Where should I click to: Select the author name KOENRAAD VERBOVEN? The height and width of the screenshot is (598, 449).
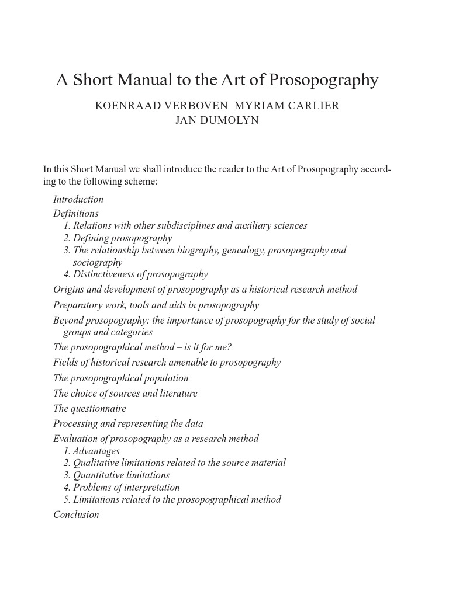(x=161, y=106)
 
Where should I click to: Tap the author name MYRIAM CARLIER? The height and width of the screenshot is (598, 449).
(x=286, y=106)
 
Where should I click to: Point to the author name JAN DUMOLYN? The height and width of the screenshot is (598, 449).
(x=217, y=120)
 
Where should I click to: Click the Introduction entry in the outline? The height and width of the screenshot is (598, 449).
(x=78, y=199)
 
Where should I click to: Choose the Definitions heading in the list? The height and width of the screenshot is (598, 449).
(x=76, y=213)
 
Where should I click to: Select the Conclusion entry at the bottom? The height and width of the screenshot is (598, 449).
(x=76, y=514)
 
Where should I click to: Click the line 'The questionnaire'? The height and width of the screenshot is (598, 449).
(x=89, y=408)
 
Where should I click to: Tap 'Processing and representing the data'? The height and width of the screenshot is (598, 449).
(x=128, y=423)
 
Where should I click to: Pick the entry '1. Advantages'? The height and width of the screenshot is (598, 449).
(x=92, y=451)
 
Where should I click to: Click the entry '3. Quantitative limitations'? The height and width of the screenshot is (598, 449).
(x=116, y=475)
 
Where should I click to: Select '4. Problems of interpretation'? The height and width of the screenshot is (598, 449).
(x=122, y=487)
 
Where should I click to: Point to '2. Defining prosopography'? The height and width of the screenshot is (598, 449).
(x=118, y=238)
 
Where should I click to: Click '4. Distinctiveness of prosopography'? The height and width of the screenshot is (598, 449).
(x=136, y=274)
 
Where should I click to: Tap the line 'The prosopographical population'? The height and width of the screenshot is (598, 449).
(x=121, y=378)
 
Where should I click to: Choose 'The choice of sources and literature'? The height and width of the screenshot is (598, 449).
(x=125, y=393)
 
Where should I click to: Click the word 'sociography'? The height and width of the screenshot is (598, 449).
(x=98, y=262)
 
